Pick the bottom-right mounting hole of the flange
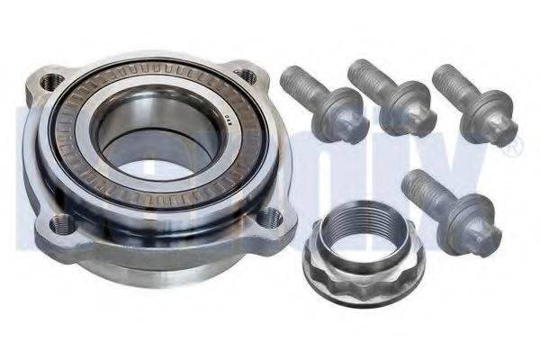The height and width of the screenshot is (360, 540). pyautogui.click(x=269, y=216)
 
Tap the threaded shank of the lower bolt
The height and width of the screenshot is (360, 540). pyautogui.click(x=422, y=191)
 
